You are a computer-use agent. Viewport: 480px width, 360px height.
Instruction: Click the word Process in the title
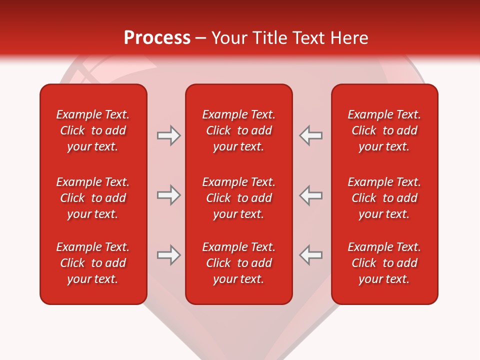click(157, 38)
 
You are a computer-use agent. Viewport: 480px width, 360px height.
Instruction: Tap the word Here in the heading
click(350, 38)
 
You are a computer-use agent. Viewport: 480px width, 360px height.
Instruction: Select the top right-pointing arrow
click(168, 135)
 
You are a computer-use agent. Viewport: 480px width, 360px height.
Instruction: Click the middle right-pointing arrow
click(168, 195)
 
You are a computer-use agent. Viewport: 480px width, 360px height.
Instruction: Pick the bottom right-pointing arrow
click(168, 255)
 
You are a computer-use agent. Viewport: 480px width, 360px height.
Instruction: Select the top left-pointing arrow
click(311, 135)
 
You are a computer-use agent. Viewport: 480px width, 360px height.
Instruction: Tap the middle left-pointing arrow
click(311, 195)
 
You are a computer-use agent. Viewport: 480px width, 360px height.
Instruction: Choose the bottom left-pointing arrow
click(311, 255)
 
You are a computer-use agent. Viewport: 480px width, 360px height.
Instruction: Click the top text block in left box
click(93, 130)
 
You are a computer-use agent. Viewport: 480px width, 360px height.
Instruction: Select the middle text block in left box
click(93, 198)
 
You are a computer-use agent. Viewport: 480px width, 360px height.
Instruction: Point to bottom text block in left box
click(93, 263)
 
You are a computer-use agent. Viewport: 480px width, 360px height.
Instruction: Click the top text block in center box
click(239, 130)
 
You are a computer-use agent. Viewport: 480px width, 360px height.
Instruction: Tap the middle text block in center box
click(239, 198)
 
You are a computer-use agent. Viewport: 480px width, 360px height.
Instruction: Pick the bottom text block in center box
click(239, 263)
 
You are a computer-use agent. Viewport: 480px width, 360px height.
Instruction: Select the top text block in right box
click(384, 130)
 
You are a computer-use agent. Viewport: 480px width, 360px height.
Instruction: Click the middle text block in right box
click(384, 198)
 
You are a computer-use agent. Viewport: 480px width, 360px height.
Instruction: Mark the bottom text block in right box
click(384, 263)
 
